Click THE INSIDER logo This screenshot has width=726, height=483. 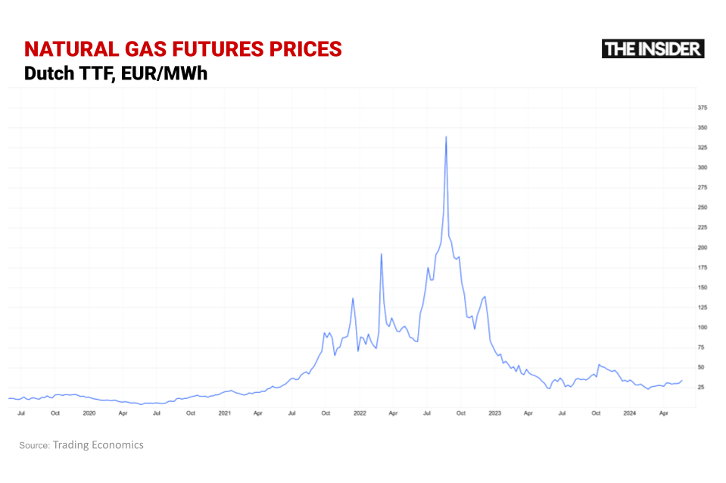tap(653, 49)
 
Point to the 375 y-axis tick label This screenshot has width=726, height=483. tap(703, 108)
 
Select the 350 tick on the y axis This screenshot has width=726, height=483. tap(703, 127)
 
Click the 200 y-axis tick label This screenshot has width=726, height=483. tap(703, 248)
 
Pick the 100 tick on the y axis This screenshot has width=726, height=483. tap(703, 327)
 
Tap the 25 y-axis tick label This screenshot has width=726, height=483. tap(701, 387)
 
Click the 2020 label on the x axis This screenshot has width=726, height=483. tap(89, 413)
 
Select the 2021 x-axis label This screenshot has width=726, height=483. tap(224, 413)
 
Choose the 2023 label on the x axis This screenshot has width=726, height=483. tap(494, 413)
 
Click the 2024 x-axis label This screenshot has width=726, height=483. tap(629, 413)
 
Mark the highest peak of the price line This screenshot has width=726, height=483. tap(446, 137)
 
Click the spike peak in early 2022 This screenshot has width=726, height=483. tap(381, 254)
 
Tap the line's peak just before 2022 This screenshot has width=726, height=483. tap(353, 298)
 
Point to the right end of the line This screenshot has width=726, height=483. tap(682, 380)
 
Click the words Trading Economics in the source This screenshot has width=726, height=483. tap(98, 445)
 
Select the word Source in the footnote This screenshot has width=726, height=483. tap(33, 445)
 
